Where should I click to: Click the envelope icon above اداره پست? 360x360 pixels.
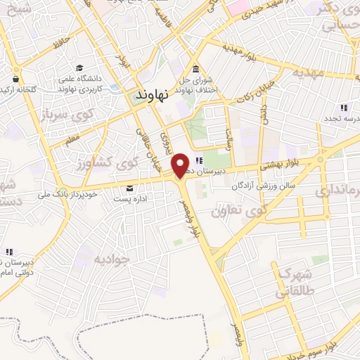[x=129, y=188]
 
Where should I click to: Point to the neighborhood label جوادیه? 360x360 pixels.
[x=112, y=259]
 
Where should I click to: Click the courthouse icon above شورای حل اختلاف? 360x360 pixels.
[x=195, y=68]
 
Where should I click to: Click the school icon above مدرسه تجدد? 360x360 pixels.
[x=343, y=108]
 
